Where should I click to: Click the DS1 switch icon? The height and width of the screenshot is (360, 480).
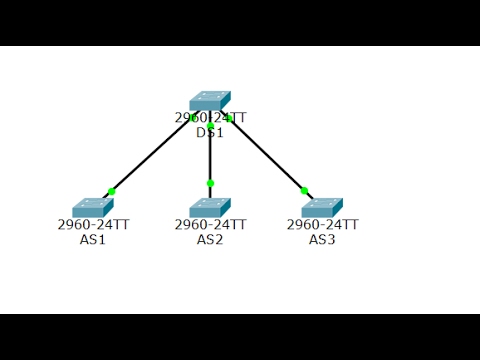(210, 101)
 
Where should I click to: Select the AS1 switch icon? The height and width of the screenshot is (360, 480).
(93, 207)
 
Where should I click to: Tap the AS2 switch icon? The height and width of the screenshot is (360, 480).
(210, 207)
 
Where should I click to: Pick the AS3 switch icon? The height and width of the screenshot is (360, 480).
(322, 207)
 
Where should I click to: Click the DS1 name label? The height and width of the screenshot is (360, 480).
(210, 132)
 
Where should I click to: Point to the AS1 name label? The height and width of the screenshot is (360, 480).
(93, 239)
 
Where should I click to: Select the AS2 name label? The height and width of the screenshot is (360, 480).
(210, 239)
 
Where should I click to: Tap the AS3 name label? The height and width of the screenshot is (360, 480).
(322, 239)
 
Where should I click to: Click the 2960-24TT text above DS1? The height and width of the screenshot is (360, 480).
(210, 118)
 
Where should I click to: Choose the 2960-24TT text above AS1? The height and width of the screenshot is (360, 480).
(93, 225)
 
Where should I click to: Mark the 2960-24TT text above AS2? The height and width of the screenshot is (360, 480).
(210, 225)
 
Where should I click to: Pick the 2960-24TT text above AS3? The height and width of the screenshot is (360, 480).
(322, 225)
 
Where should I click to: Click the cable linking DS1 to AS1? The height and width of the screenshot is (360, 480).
(150, 157)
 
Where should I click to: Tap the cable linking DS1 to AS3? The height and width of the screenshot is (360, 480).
(268, 157)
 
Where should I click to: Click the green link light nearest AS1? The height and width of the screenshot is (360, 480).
(111, 191)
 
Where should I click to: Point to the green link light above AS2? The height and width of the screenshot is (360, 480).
(210, 183)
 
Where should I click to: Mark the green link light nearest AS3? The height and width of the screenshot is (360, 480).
(304, 190)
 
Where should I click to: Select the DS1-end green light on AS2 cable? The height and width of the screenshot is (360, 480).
(210, 126)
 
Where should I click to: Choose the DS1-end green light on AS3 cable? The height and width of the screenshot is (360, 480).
(229, 119)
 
